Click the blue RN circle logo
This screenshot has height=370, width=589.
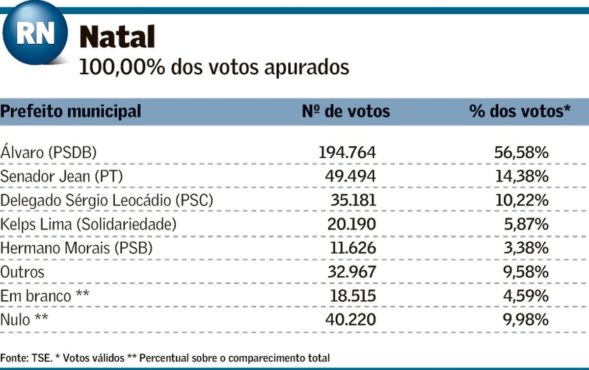coord(35,33)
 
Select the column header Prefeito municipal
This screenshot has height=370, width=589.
coord(71,111)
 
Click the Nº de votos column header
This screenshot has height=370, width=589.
coord(346,111)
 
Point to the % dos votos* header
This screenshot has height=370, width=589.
coord(519,111)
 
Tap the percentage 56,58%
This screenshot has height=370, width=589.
coord(521,152)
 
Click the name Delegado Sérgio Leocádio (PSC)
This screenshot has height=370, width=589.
coord(107,200)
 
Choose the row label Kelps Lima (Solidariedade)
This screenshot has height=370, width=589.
coord(88,225)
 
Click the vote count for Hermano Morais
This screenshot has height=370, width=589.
coord(351,249)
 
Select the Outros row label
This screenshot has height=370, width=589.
coord(22,272)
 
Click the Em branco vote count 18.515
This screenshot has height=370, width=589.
coord(351,296)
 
